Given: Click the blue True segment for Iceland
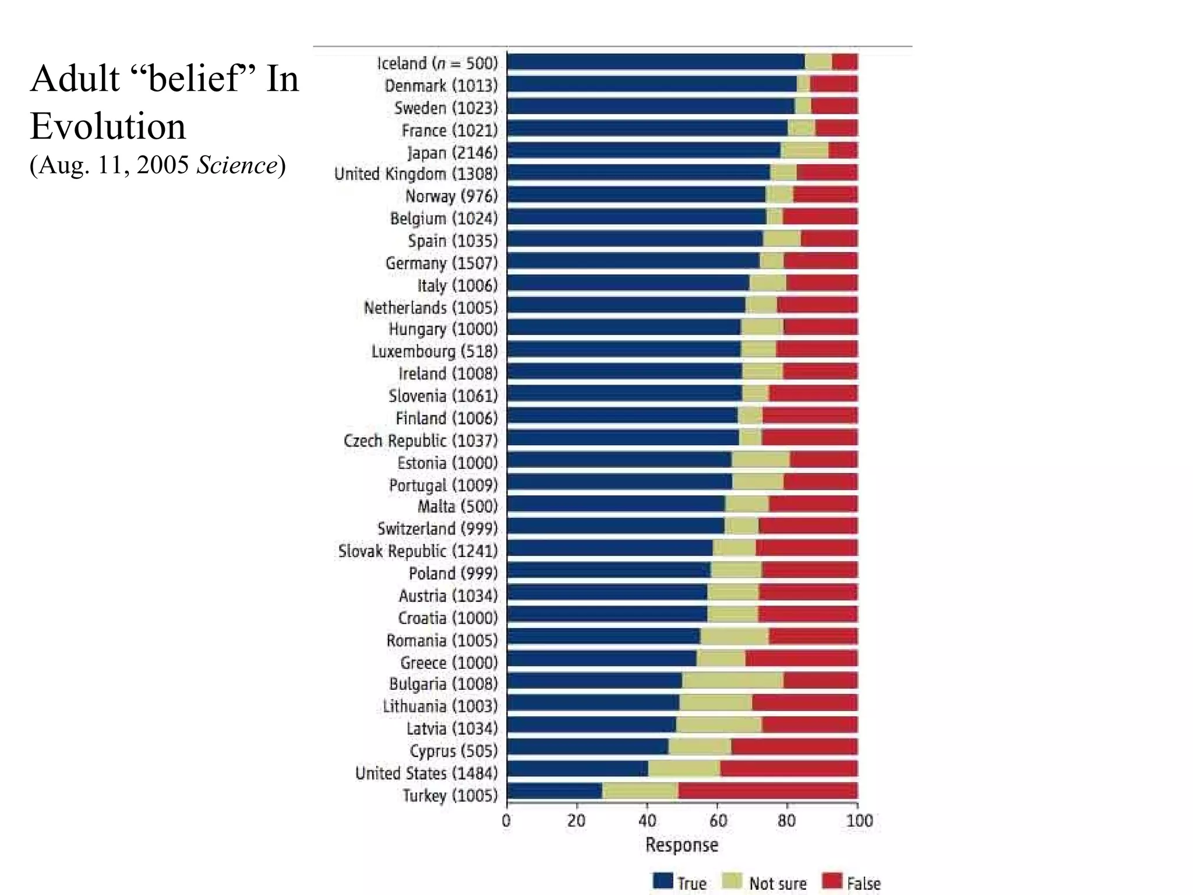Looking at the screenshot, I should coord(655,62).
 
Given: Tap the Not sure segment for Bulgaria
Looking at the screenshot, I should coord(733,681).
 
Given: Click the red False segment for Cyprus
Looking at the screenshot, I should coord(794,747).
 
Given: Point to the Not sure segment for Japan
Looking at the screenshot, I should coord(804,150).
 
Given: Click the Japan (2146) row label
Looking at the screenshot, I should coord(453,153).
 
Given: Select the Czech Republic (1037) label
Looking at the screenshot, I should coord(421,441).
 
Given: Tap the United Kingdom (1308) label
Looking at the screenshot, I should coord(416,174).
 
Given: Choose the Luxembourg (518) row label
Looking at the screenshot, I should coord(435,351).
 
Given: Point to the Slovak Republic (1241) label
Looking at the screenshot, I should coord(418,551).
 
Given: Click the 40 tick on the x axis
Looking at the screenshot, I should coord(647,822).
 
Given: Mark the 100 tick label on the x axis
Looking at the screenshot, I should coord(859,822).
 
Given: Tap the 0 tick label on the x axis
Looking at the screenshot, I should coord(506,822).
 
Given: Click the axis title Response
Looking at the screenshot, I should coord(682,845).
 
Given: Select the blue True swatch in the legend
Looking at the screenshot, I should coord(663,880).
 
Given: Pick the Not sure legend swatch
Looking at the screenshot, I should coord(732,880).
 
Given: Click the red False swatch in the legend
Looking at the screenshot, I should coord(832,880).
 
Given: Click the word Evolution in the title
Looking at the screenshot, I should coord(108,126).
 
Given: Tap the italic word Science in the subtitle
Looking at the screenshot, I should coord(237,165).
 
